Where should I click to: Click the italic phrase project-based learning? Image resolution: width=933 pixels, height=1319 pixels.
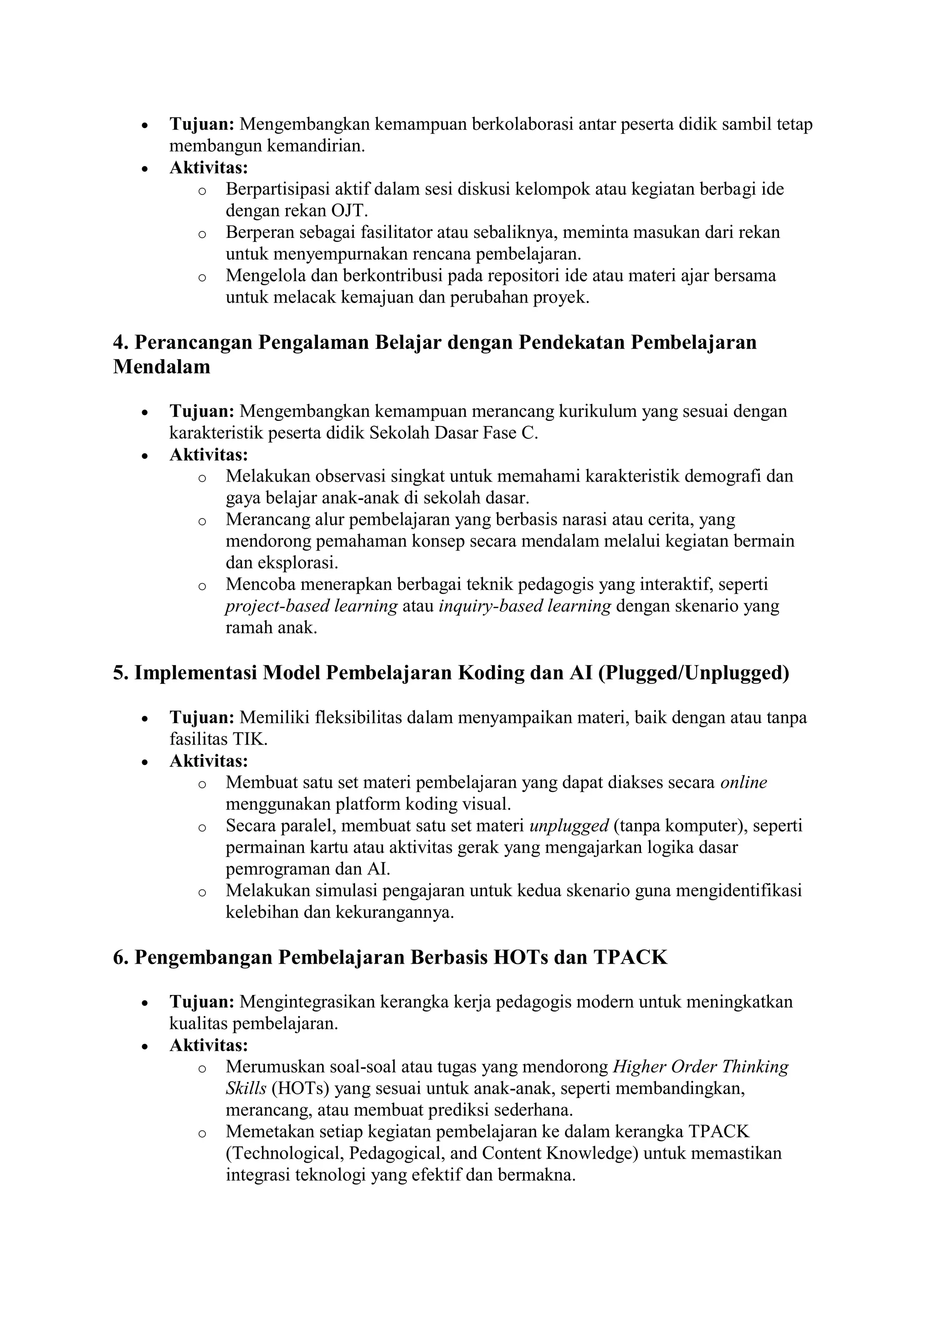pos(311,606)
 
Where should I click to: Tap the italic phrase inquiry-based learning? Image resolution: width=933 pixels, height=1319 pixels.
pos(524,606)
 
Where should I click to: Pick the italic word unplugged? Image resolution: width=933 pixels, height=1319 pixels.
pos(569,826)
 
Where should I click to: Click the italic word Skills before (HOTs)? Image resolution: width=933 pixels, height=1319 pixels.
pos(246,1088)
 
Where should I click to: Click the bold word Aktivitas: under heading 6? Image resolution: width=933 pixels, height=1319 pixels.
pos(209,1045)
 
